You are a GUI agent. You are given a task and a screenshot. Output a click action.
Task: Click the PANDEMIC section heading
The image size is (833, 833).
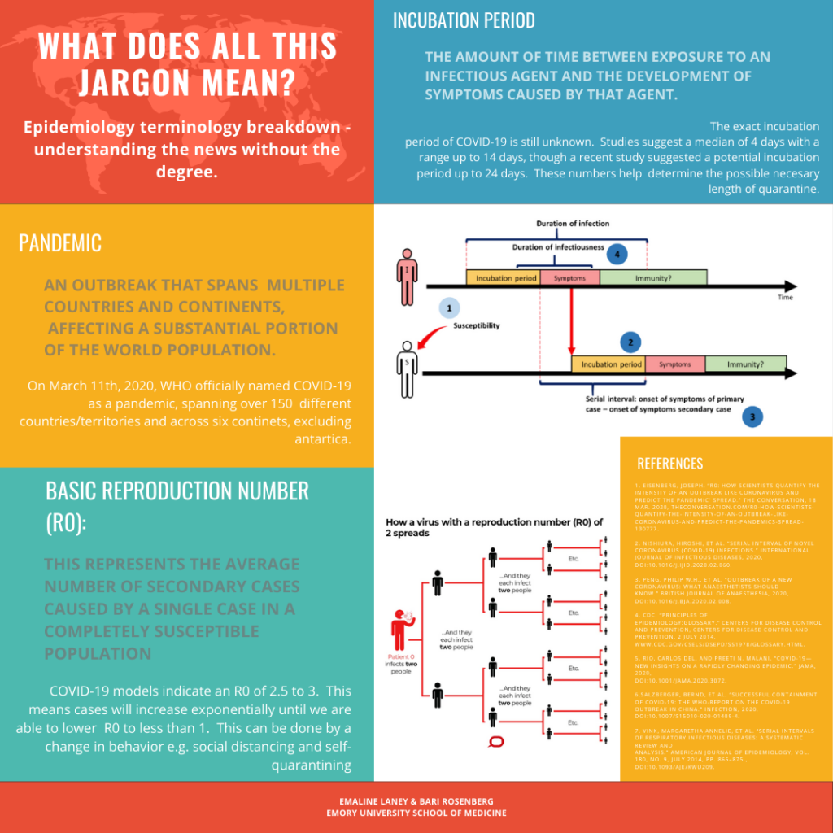(x=60, y=242)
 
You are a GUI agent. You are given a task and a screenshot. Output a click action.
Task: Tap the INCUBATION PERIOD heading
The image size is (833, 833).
(x=464, y=20)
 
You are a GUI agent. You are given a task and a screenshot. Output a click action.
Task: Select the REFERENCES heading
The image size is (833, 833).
(x=669, y=464)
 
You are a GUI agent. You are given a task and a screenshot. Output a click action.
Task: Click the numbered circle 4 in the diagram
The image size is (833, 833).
(x=617, y=255)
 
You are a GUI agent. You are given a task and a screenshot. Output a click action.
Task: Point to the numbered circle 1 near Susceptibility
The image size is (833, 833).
(x=449, y=308)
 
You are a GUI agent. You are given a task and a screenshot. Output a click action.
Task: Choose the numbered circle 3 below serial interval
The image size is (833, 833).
(x=752, y=416)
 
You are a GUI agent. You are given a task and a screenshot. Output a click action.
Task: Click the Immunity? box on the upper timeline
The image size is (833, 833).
(x=653, y=277)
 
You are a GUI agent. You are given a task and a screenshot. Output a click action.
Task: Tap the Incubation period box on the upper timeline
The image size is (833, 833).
(x=506, y=277)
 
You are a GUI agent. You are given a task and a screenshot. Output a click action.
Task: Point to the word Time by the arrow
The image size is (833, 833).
(x=785, y=298)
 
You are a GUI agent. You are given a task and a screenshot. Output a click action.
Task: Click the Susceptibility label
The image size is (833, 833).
(x=477, y=325)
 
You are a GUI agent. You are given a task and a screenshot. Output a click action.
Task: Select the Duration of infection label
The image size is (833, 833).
(x=573, y=223)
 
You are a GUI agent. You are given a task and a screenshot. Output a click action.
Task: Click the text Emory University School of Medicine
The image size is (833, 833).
(x=416, y=813)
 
